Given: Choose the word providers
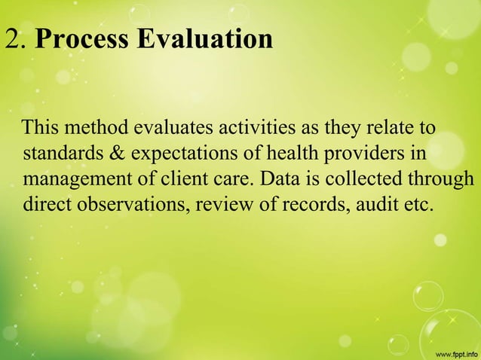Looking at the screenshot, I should click(345, 154).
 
